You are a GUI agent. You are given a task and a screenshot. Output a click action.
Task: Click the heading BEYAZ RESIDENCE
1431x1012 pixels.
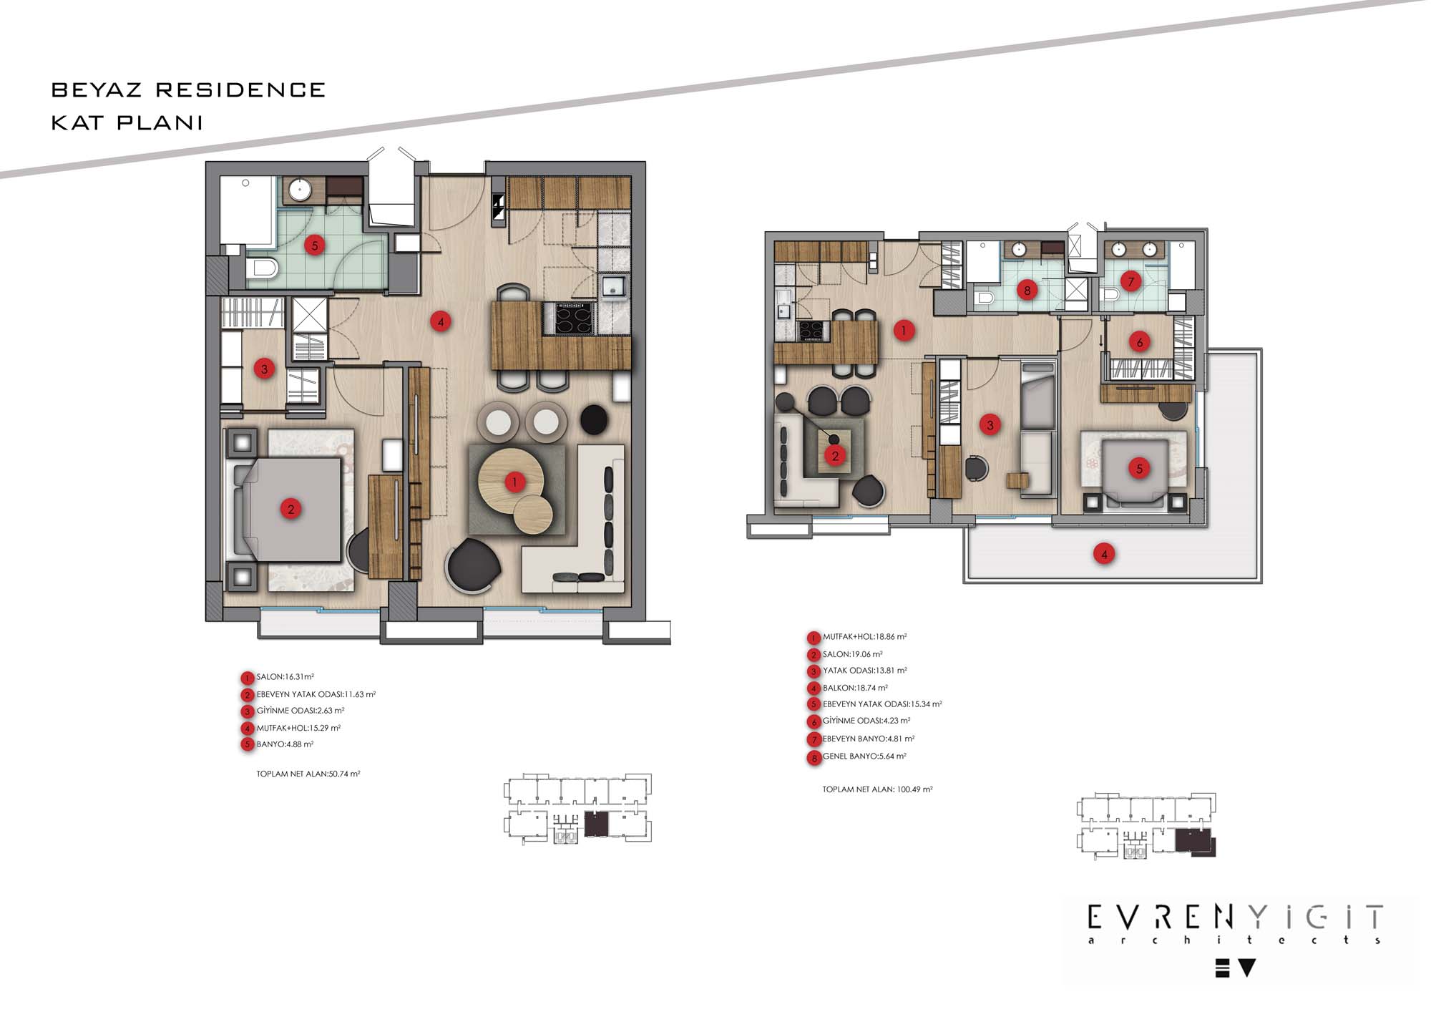coord(188,90)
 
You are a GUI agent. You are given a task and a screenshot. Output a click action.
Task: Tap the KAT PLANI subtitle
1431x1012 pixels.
coord(127,122)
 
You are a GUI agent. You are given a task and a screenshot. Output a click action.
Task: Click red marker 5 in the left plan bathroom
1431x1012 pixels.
coord(314,245)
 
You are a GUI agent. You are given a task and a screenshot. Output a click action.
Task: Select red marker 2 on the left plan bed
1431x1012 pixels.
coord(290,510)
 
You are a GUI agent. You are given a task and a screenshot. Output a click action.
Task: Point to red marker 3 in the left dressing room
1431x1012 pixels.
coord(264,369)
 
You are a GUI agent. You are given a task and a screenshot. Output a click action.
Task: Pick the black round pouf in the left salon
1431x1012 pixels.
coord(594,419)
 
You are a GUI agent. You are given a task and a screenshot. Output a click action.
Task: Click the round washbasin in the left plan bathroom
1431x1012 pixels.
coord(301,190)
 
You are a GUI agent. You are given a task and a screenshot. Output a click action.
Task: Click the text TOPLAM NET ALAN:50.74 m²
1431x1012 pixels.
coord(308,774)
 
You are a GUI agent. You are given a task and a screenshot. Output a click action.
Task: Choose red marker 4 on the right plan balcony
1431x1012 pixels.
coord(1104,553)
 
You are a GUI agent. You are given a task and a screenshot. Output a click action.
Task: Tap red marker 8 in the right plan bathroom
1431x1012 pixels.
coord(1027,290)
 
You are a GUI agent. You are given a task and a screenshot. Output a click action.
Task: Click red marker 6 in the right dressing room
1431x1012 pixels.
coord(1140,342)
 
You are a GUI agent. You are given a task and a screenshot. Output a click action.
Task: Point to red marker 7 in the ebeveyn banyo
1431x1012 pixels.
coord(1130,281)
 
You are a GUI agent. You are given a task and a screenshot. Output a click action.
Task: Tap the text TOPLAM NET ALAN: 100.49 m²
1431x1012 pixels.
coord(877,789)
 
